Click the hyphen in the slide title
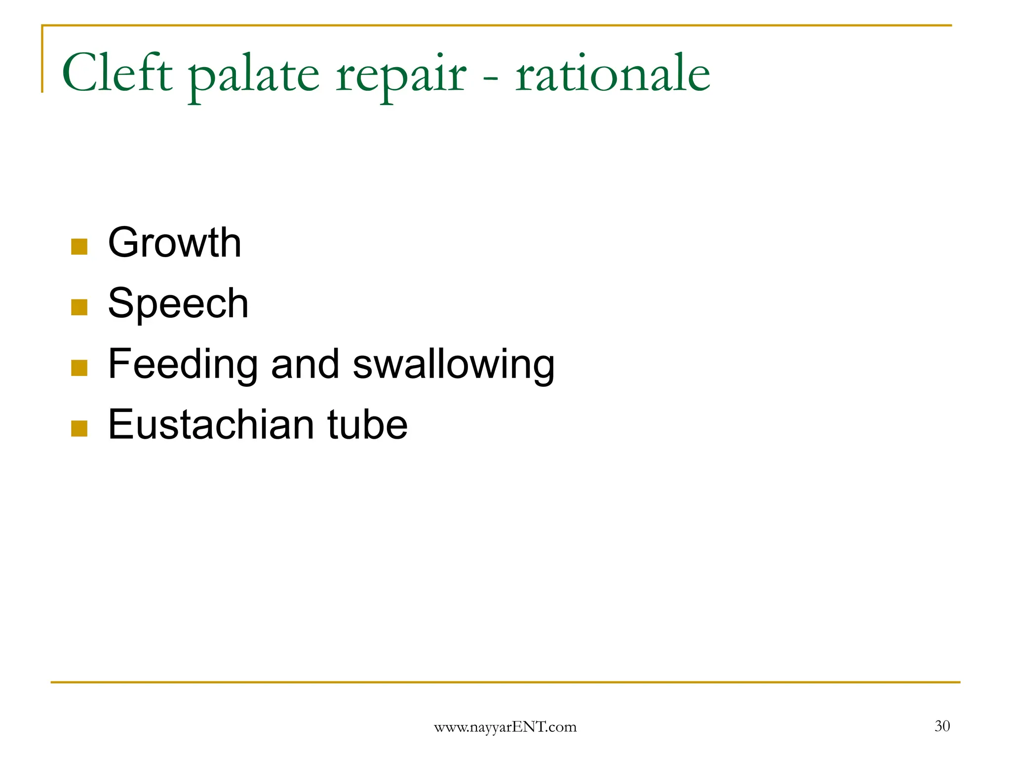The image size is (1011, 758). coord(491,76)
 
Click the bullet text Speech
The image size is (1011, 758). coord(178,303)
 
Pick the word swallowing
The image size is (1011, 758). coord(454,365)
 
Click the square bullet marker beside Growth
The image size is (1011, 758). coord(79,246)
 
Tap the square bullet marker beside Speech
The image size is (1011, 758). coord(79,307)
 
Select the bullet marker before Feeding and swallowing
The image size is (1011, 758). coord(79,368)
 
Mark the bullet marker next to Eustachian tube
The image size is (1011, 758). coord(79,428)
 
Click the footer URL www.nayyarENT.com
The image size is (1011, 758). coord(505,727)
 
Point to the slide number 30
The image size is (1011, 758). coord(942,726)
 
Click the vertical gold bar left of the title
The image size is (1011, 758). coord(42,59)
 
